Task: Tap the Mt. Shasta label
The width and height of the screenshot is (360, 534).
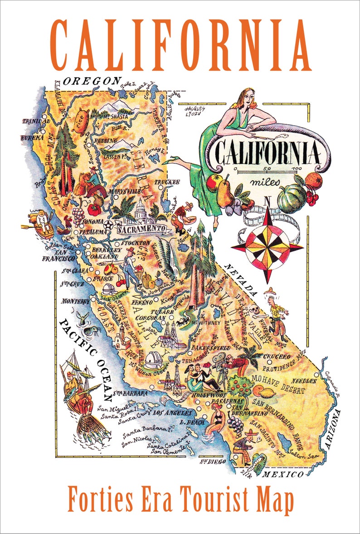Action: [116, 117]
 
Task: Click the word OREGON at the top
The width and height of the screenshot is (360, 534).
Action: [92, 81]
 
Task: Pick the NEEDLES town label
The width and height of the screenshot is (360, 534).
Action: [305, 368]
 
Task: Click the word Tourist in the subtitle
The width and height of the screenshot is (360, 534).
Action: [213, 498]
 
